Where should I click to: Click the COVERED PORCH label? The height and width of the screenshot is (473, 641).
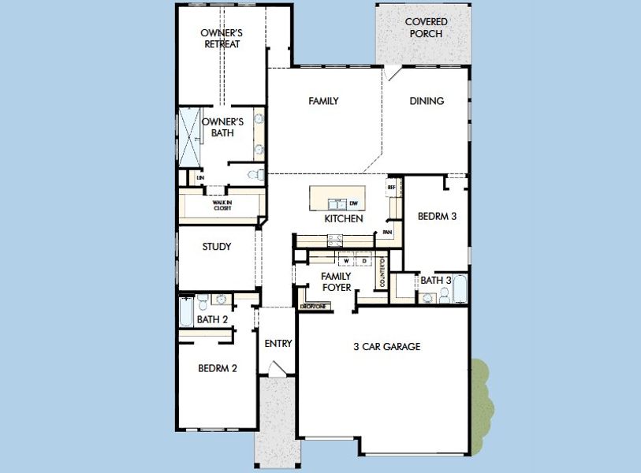pos(427,28)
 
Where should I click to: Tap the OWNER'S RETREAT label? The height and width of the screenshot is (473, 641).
pos(221,39)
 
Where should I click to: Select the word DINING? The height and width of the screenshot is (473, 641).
pos(427,101)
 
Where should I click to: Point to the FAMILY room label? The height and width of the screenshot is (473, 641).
pos(323,101)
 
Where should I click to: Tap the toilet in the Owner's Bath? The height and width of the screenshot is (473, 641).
pos(255,174)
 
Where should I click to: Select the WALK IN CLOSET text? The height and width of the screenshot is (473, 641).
pos(222,205)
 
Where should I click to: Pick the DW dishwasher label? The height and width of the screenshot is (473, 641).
pos(353,203)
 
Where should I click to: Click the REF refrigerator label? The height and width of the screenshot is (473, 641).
pos(390,188)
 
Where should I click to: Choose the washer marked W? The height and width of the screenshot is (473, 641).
pos(345,259)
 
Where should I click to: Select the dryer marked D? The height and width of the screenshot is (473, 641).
pos(364,259)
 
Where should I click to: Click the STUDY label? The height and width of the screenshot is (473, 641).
pos(216,247)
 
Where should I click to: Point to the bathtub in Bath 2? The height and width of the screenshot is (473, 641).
pos(186,311)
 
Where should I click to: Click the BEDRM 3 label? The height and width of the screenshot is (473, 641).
pos(437,216)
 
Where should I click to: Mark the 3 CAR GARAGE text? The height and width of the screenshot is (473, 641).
pos(386,346)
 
